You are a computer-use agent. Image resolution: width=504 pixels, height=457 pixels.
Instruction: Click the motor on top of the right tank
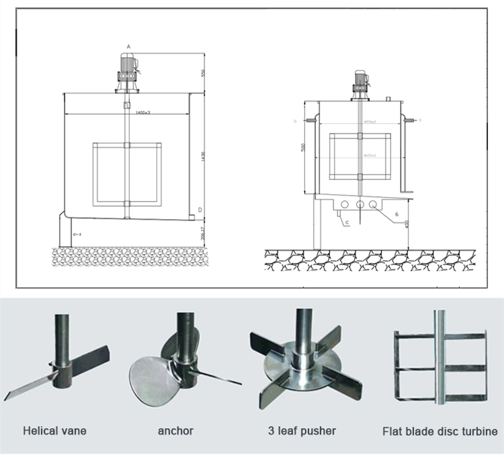[x=360, y=82]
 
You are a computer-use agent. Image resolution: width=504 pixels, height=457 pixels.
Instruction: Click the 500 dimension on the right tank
[x=304, y=147]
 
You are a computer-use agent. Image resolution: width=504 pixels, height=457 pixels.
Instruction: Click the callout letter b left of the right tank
[x=295, y=121]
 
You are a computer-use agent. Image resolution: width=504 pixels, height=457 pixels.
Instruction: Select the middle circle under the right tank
[x=360, y=204]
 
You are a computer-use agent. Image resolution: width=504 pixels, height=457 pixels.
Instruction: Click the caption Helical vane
[x=55, y=431]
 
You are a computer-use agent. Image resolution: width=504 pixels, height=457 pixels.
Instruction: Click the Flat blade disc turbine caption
[x=440, y=431]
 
